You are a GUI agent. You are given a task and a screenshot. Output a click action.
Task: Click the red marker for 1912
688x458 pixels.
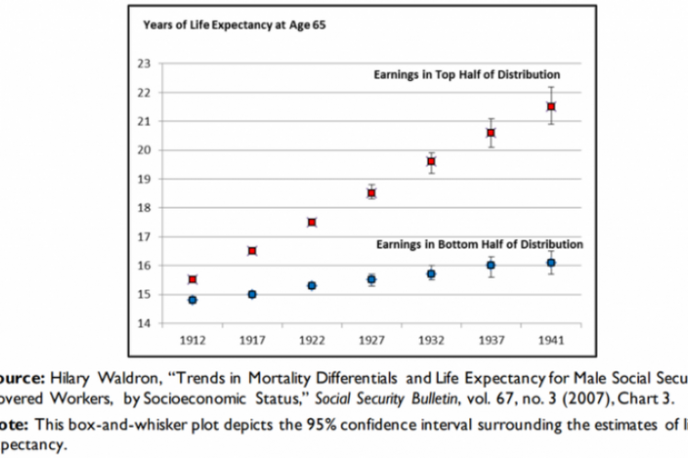pyautogui.click(x=192, y=279)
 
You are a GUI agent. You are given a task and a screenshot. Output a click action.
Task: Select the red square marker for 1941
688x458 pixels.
pyautogui.click(x=551, y=107)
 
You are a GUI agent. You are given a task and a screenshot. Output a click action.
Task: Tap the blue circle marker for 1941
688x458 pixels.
pyautogui.click(x=551, y=262)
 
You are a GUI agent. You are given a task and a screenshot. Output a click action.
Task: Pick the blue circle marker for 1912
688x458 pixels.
pyautogui.click(x=192, y=300)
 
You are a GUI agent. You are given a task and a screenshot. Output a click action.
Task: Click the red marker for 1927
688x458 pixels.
pyautogui.click(x=372, y=193)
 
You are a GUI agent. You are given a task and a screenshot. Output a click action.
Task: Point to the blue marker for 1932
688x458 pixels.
pyautogui.click(x=431, y=274)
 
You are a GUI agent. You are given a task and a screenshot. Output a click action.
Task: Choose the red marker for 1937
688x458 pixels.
pyautogui.click(x=491, y=132)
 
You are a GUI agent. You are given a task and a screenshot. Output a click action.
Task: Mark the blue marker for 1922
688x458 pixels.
pyautogui.click(x=312, y=285)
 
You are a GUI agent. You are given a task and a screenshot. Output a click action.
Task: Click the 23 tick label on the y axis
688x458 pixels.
pyautogui.click(x=143, y=63)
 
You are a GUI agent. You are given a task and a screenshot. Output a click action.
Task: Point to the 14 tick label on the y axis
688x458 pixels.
pyautogui.click(x=143, y=324)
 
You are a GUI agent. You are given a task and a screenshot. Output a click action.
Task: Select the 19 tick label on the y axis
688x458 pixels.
pyautogui.click(x=143, y=179)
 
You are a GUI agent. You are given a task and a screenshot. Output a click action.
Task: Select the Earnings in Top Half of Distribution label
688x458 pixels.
pyautogui.click(x=466, y=74)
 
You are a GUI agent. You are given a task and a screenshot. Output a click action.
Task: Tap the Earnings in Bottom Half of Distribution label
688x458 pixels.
pyautogui.click(x=478, y=245)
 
